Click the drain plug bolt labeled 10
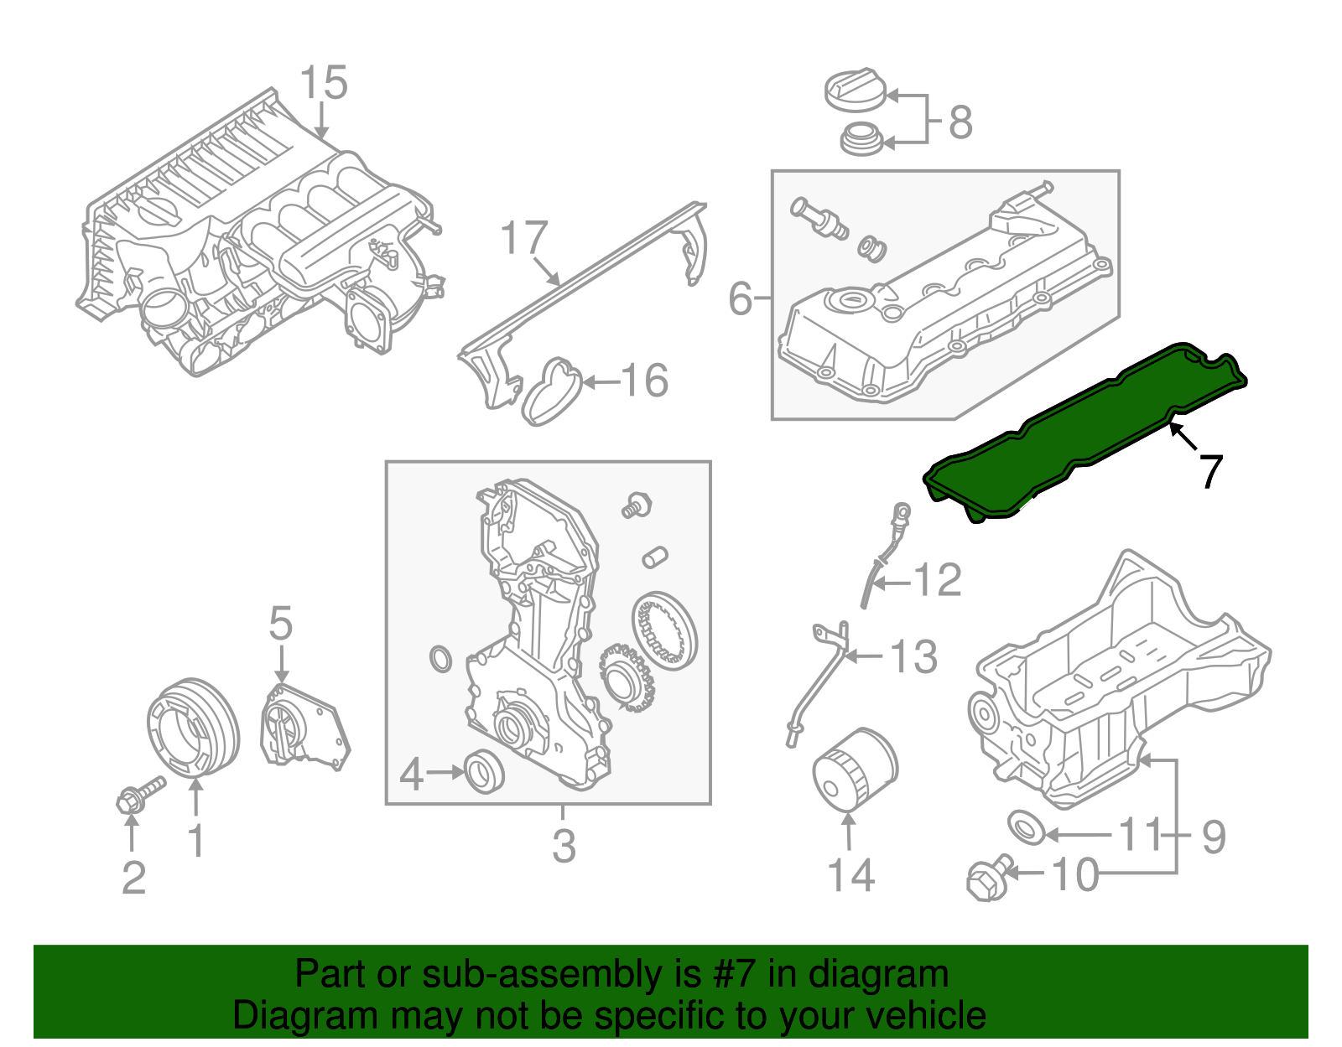[x=987, y=878]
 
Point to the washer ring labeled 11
[x=1026, y=827]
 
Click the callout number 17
[x=524, y=239]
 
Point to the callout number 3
[x=564, y=846]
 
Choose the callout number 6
[x=740, y=298]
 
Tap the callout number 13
[x=913, y=656]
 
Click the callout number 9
[x=1214, y=836]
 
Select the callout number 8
[x=960, y=122]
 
